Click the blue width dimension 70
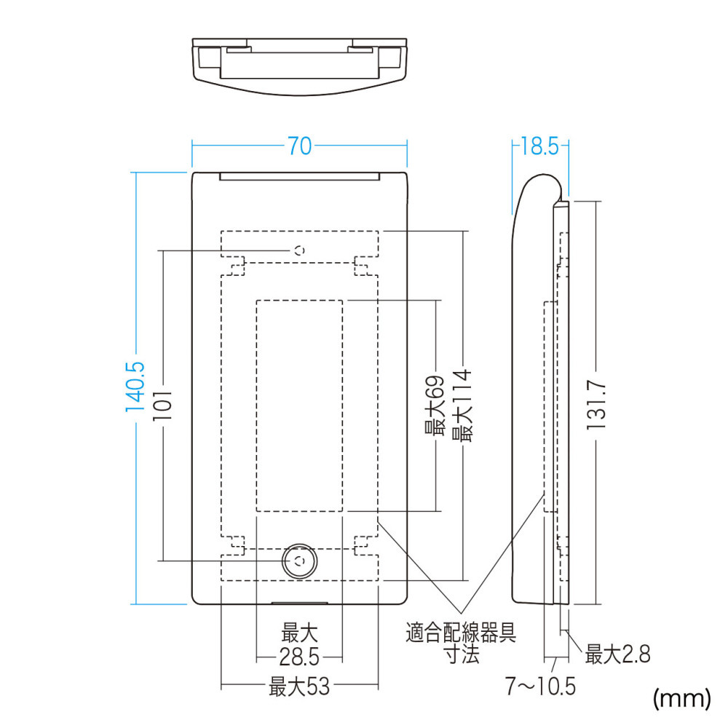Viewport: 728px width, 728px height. pyautogui.click(x=299, y=146)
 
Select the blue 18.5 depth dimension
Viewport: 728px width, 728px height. pyautogui.click(x=539, y=146)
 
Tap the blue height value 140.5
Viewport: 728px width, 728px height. pyautogui.click(x=135, y=387)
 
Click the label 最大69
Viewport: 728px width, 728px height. pyautogui.click(x=435, y=405)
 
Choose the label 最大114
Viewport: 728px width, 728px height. pyautogui.click(x=462, y=405)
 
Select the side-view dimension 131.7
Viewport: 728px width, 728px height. pyautogui.click(x=596, y=405)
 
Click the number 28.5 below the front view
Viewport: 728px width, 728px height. pyautogui.click(x=299, y=657)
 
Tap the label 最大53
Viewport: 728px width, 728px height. pyautogui.click(x=299, y=687)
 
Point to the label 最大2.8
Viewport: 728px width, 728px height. pyautogui.click(x=617, y=654)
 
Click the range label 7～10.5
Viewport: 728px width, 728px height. pyautogui.click(x=540, y=687)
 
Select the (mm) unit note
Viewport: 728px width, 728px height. pyautogui.click(x=682, y=698)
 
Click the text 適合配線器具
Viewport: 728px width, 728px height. pyautogui.click(x=461, y=633)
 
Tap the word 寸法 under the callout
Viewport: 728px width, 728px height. pyautogui.click(x=462, y=654)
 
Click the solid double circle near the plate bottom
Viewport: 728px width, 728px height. pyautogui.click(x=300, y=561)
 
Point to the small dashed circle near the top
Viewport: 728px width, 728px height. pyautogui.click(x=300, y=250)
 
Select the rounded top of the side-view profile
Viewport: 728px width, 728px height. pyautogui.click(x=543, y=175)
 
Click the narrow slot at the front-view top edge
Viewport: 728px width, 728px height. pyautogui.click(x=300, y=176)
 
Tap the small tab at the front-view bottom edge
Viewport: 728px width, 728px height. pyautogui.click(x=299, y=603)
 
